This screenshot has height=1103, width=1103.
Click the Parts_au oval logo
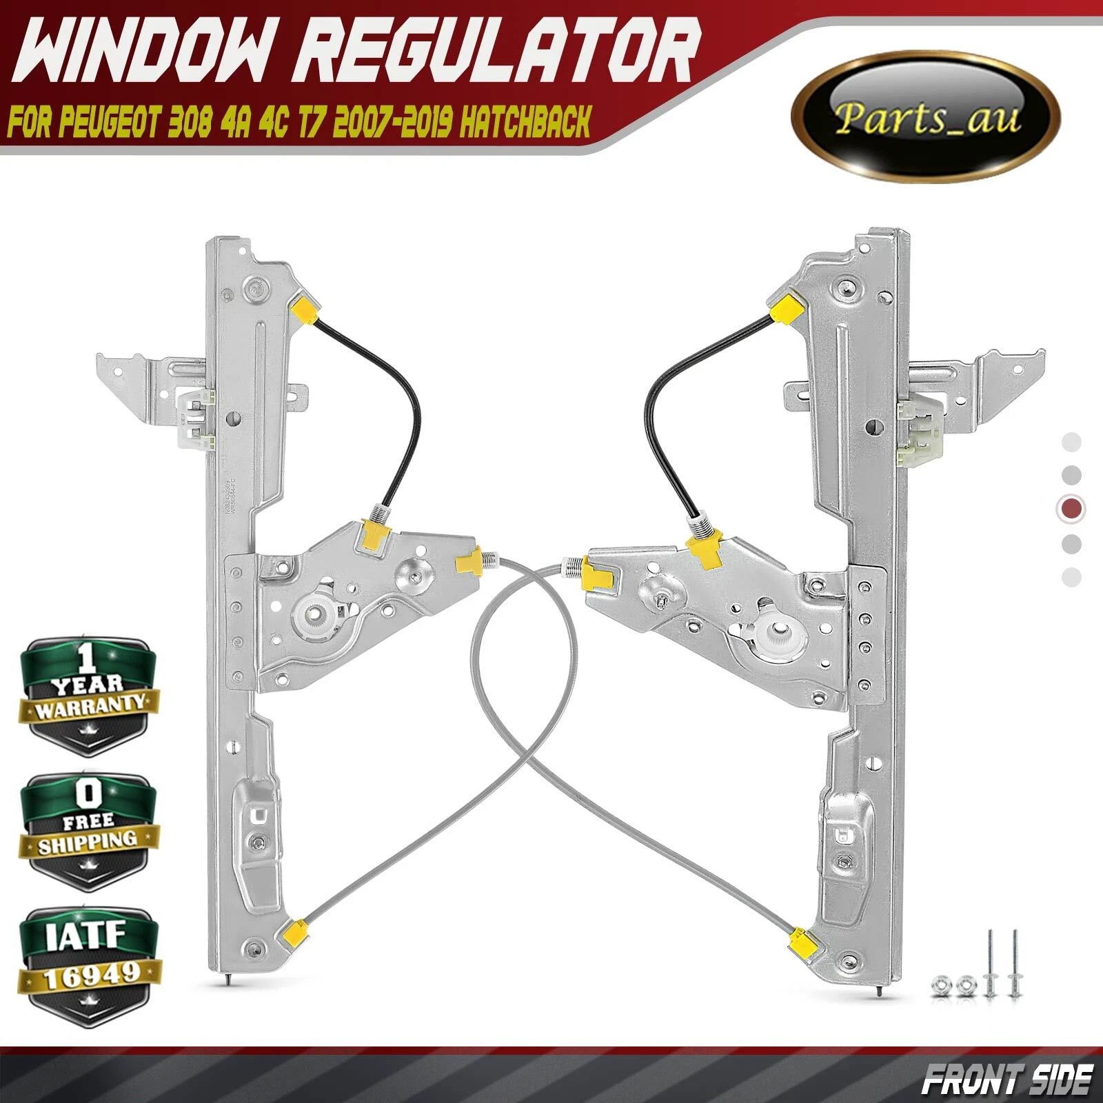click(x=924, y=121)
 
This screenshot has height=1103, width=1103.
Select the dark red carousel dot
click(x=1071, y=509)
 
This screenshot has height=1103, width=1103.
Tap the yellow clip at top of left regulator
click(x=304, y=307)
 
